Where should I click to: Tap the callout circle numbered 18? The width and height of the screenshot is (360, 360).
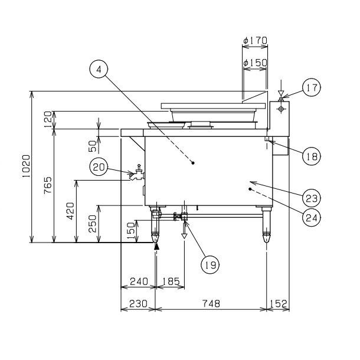click(x=312, y=156)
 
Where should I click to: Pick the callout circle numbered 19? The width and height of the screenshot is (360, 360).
click(x=210, y=265)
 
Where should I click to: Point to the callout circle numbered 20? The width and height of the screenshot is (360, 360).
click(x=99, y=167)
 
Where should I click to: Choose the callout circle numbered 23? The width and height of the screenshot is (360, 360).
click(x=312, y=198)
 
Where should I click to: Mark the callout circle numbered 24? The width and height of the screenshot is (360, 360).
click(x=312, y=217)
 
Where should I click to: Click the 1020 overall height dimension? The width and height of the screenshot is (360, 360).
click(x=27, y=166)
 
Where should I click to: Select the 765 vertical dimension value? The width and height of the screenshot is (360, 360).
click(x=48, y=185)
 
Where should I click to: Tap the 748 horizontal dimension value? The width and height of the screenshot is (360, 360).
click(x=211, y=303)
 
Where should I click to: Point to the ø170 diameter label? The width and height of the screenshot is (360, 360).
click(x=256, y=40)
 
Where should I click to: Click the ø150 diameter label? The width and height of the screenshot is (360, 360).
click(x=256, y=62)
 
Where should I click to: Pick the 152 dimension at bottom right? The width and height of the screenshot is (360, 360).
click(x=278, y=303)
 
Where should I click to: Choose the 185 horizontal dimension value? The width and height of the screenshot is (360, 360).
click(x=171, y=281)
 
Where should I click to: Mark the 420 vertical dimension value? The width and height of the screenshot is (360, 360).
click(x=70, y=211)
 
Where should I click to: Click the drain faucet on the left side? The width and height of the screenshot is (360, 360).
click(x=137, y=173)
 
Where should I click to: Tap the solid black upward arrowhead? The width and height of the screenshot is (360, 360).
click(x=156, y=246)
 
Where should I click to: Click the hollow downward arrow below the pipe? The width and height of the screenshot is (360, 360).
click(x=184, y=236)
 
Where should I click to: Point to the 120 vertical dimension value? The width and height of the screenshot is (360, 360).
click(x=48, y=120)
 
